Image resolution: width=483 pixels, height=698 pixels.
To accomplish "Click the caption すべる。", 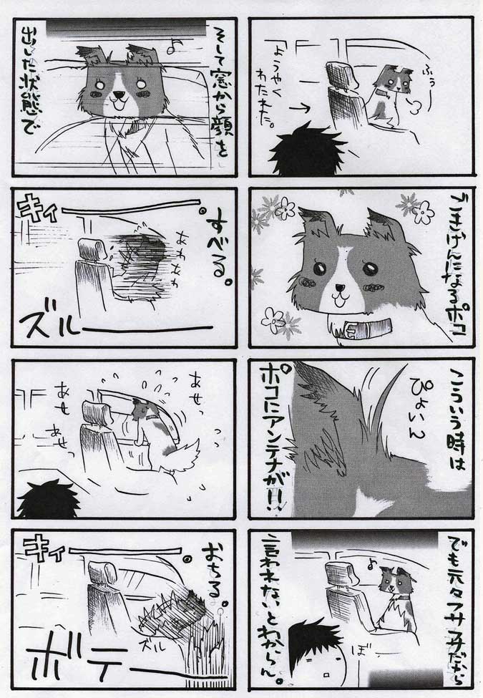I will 214,254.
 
